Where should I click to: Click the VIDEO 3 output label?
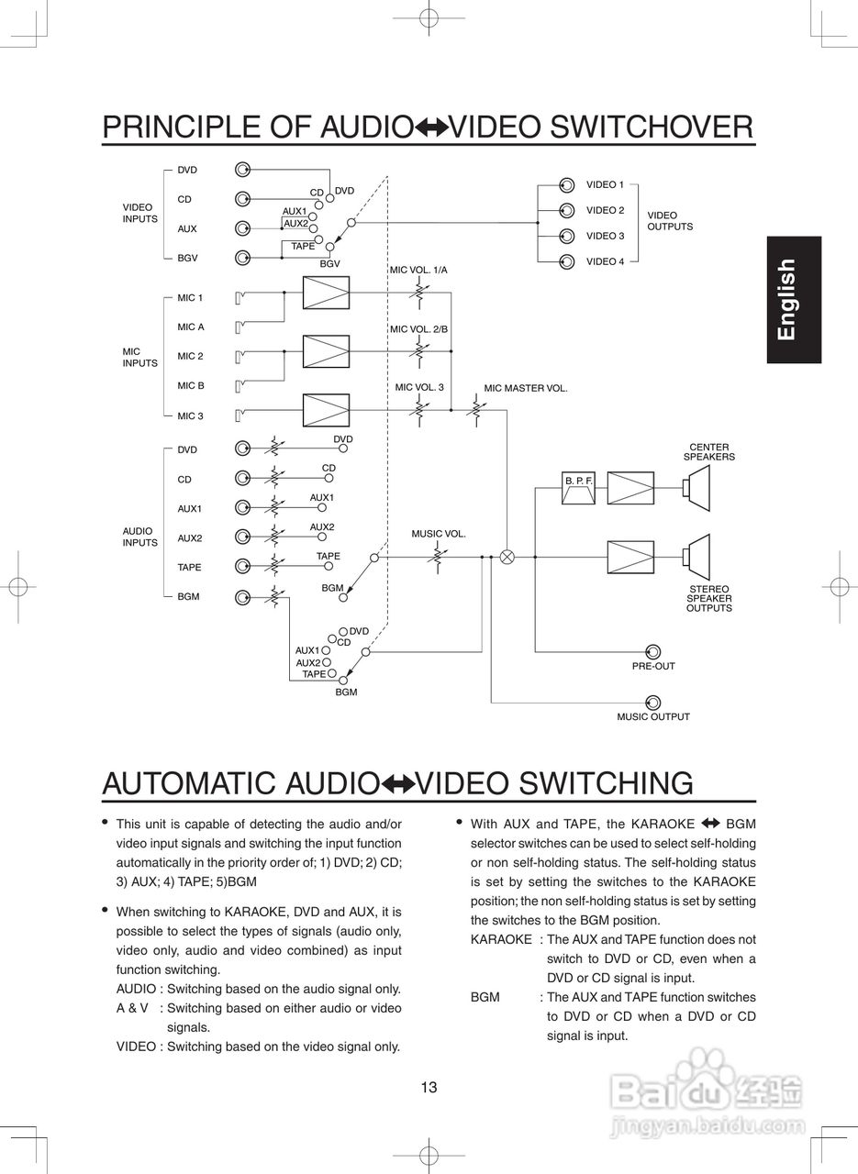click(605, 237)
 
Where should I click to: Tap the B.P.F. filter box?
click(579, 489)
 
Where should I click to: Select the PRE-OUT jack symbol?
click(653, 651)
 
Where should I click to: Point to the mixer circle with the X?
click(507, 556)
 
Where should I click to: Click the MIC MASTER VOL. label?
click(526, 389)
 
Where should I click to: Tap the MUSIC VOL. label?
click(439, 534)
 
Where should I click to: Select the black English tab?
click(795, 300)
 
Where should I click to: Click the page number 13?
click(429, 1089)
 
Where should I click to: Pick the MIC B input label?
click(191, 386)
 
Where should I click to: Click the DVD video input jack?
click(242, 170)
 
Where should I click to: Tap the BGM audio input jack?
click(242, 597)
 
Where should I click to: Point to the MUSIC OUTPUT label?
click(652, 717)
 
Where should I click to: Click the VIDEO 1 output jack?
click(566, 185)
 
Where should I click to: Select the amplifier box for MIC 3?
click(326, 409)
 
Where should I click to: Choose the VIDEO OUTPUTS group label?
click(670, 221)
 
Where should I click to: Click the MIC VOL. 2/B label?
click(418, 328)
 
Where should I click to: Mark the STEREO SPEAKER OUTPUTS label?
click(708, 599)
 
